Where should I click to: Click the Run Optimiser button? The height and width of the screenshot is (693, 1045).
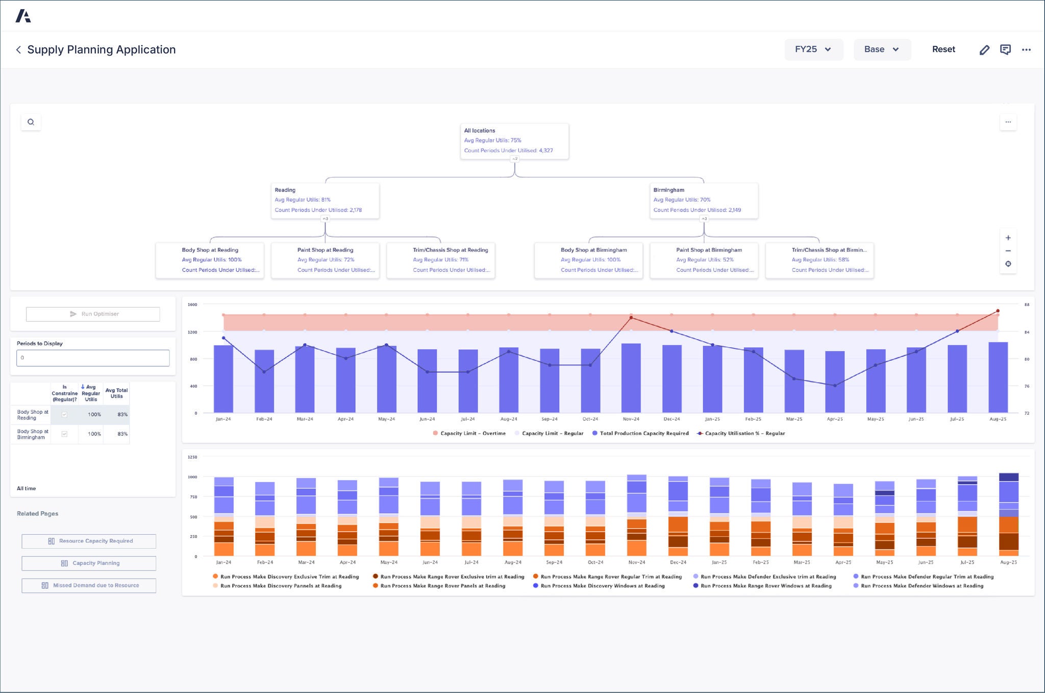click(93, 314)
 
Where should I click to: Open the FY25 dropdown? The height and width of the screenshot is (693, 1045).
click(813, 50)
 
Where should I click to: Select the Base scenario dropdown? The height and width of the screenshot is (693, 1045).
click(881, 50)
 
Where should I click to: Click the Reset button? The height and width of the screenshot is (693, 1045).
click(943, 50)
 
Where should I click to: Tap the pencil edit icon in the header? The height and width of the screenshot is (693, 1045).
click(984, 50)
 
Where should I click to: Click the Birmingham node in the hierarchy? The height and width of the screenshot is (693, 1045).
click(703, 200)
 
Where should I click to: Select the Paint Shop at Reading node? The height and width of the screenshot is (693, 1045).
click(325, 260)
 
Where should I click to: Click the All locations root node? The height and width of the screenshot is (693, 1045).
click(514, 141)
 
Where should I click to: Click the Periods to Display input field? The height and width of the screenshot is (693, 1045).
click(93, 358)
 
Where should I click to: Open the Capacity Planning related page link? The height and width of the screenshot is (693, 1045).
click(89, 563)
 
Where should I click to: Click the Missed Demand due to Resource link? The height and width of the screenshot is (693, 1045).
click(89, 585)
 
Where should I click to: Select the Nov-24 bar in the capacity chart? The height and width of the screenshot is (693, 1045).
click(631, 378)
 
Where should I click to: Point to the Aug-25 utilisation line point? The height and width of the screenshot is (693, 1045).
click(998, 311)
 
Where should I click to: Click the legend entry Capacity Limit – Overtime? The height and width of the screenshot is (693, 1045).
click(472, 434)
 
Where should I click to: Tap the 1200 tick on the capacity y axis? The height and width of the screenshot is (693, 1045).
click(192, 332)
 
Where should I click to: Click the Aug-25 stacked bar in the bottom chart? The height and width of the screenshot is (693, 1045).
click(1008, 515)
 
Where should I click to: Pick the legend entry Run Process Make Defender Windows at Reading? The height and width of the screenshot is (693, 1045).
click(922, 586)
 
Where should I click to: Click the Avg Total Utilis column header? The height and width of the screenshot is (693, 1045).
click(116, 393)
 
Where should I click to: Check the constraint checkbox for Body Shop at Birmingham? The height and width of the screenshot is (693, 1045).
click(64, 434)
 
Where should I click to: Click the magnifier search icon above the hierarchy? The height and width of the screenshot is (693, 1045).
click(31, 122)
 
